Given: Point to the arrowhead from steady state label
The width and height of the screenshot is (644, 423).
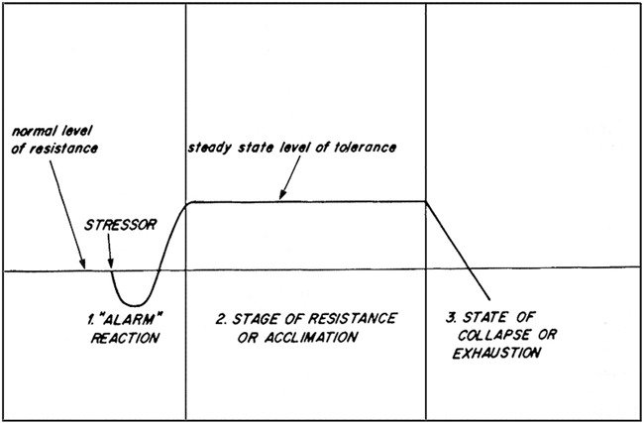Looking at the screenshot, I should [x=279, y=199].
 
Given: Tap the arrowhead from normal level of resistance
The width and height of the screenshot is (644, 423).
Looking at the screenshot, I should [x=85, y=266].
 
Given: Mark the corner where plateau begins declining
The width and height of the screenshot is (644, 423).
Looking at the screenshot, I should [x=426, y=202].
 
